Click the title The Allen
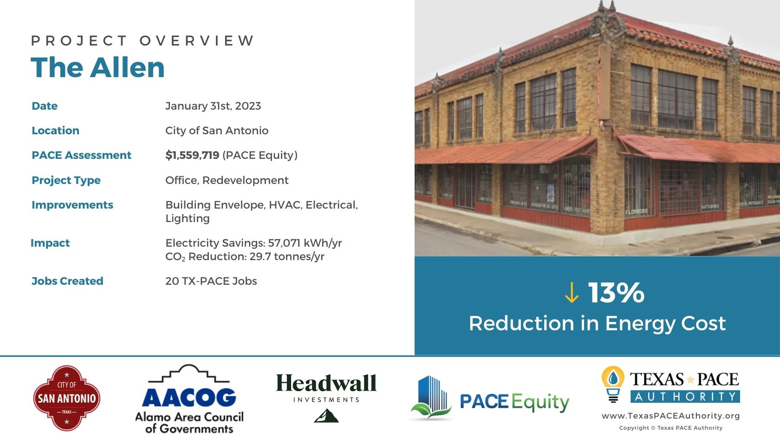[x=97, y=67]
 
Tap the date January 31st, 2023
[x=213, y=106]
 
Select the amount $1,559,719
[x=192, y=155]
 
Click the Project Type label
[x=66, y=180]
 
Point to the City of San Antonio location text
[x=217, y=131]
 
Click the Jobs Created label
[x=68, y=281]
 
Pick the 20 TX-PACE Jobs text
[x=211, y=281]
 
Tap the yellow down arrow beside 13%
[x=572, y=293]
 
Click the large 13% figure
[x=617, y=293]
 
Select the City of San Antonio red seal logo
[x=67, y=398]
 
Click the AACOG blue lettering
[x=189, y=398]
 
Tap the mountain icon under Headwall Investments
[x=326, y=416]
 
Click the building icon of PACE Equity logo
[x=432, y=398]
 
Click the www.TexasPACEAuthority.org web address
[x=670, y=416]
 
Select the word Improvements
[x=72, y=205]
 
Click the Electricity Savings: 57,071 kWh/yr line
[x=253, y=243]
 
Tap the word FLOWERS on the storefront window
[x=637, y=211]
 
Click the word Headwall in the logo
[x=326, y=383]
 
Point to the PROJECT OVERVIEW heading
[x=143, y=41]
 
